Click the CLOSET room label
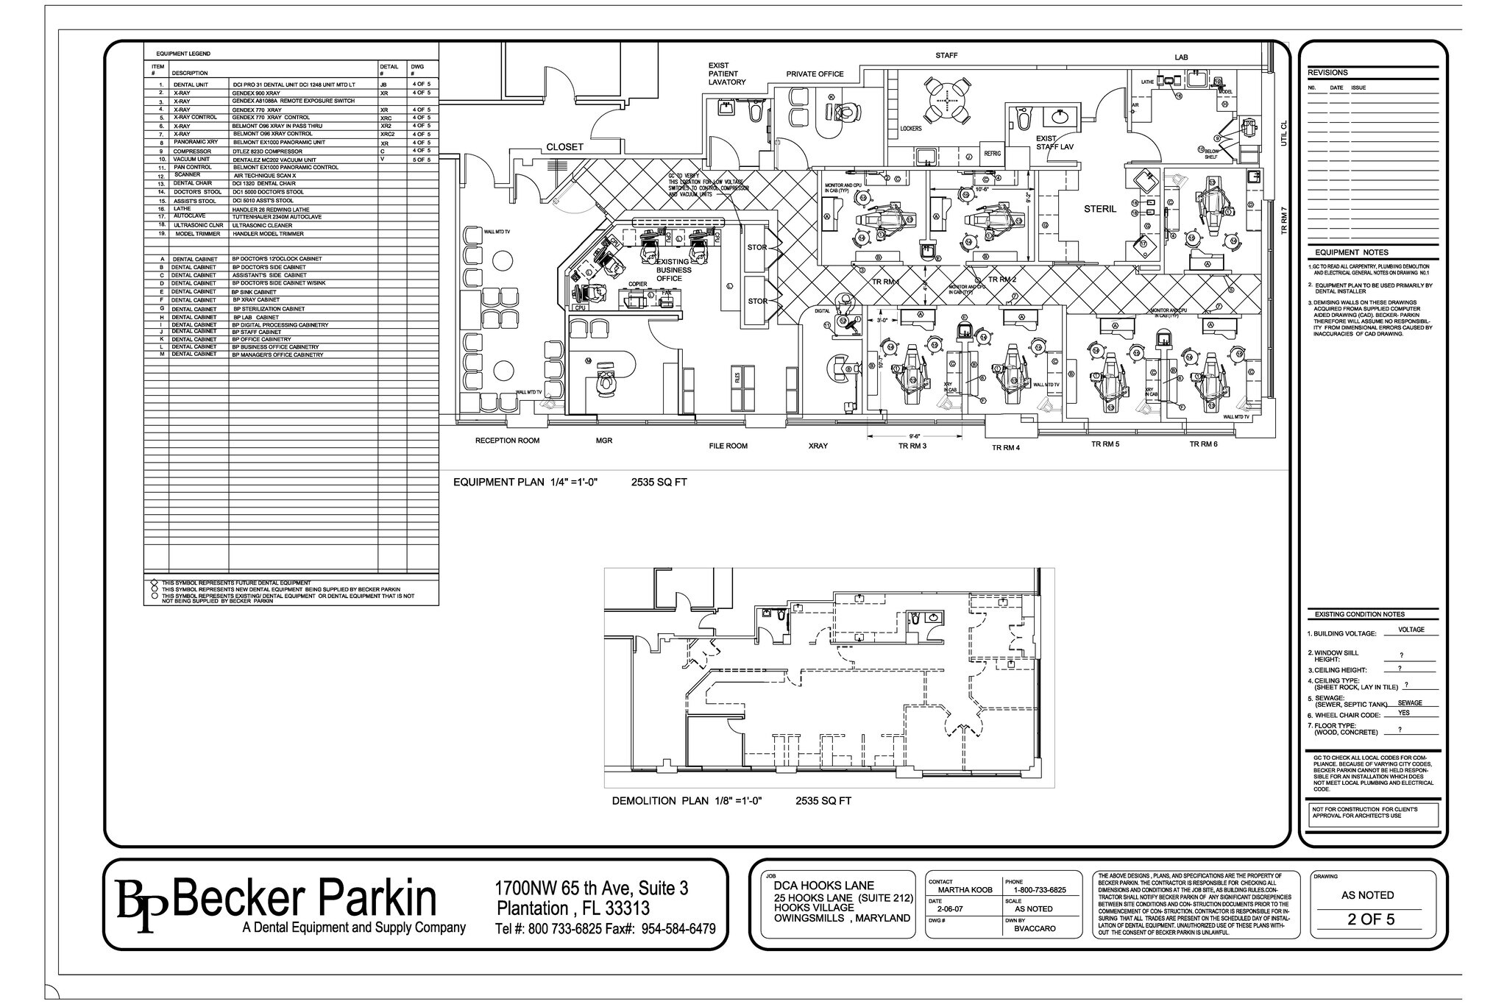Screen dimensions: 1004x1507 564,147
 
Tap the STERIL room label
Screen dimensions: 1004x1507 1100,209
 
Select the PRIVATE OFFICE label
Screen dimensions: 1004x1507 815,74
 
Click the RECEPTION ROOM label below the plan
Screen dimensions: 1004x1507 507,441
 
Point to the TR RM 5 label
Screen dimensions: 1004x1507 1104,444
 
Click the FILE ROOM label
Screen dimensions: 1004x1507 728,446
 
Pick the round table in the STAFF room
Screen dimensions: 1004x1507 946,101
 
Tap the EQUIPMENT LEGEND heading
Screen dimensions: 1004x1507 182,54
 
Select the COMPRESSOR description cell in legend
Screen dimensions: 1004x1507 192,152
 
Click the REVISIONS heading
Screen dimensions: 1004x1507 1327,73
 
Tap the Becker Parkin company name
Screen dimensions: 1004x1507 304,899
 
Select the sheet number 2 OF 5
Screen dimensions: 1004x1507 1370,919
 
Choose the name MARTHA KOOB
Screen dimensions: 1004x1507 965,890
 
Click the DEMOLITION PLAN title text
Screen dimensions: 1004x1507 686,801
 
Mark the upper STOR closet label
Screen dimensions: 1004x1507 757,247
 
